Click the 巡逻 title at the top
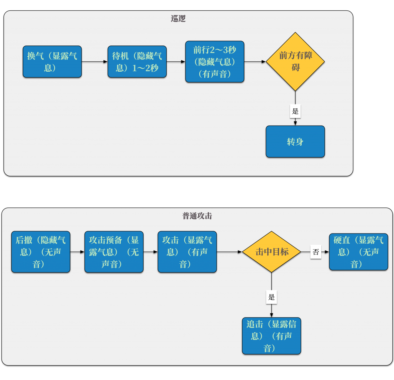(x=178, y=18)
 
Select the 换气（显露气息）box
(x=52, y=62)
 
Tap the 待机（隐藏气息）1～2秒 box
(x=137, y=62)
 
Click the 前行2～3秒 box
(x=215, y=62)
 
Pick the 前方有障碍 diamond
(x=295, y=62)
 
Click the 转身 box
(x=295, y=142)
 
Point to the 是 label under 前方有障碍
(x=295, y=111)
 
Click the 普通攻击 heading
(x=197, y=216)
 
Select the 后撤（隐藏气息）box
(x=41, y=252)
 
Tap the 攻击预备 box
(x=114, y=252)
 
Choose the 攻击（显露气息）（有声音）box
(x=187, y=252)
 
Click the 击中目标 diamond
(x=272, y=252)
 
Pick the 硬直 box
(x=359, y=252)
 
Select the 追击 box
(x=272, y=336)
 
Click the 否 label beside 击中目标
(x=316, y=252)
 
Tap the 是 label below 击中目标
(x=272, y=297)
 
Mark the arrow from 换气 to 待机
(x=95, y=62)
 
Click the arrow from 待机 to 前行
(x=176, y=62)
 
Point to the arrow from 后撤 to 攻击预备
(x=77, y=252)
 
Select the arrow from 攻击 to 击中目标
(x=229, y=252)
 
